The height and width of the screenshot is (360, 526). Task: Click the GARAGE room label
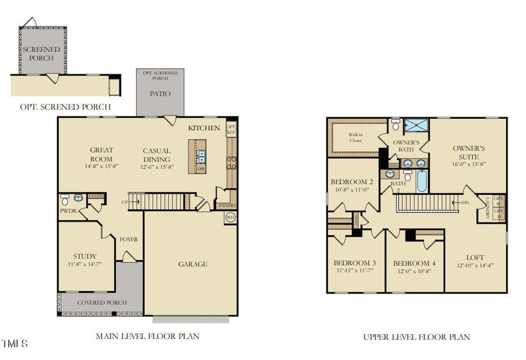click(x=193, y=264)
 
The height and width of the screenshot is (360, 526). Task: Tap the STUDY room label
click(x=85, y=256)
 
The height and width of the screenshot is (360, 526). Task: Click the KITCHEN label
click(x=203, y=128)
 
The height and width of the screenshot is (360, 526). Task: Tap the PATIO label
click(x=160, y=94)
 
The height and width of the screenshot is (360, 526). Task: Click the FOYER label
click(x=128, y=239)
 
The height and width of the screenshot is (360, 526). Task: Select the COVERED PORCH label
click(x=101, y=303)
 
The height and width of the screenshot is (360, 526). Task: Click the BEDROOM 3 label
click(x=354, y=263)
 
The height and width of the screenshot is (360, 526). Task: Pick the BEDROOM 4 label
click(x=414, y=263)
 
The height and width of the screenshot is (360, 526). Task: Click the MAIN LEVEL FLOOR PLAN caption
click(x=147, y=337)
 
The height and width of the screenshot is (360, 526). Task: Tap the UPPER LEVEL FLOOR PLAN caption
click(x=416, y=337)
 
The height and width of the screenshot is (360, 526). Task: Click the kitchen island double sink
click(x=201, y=157)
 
